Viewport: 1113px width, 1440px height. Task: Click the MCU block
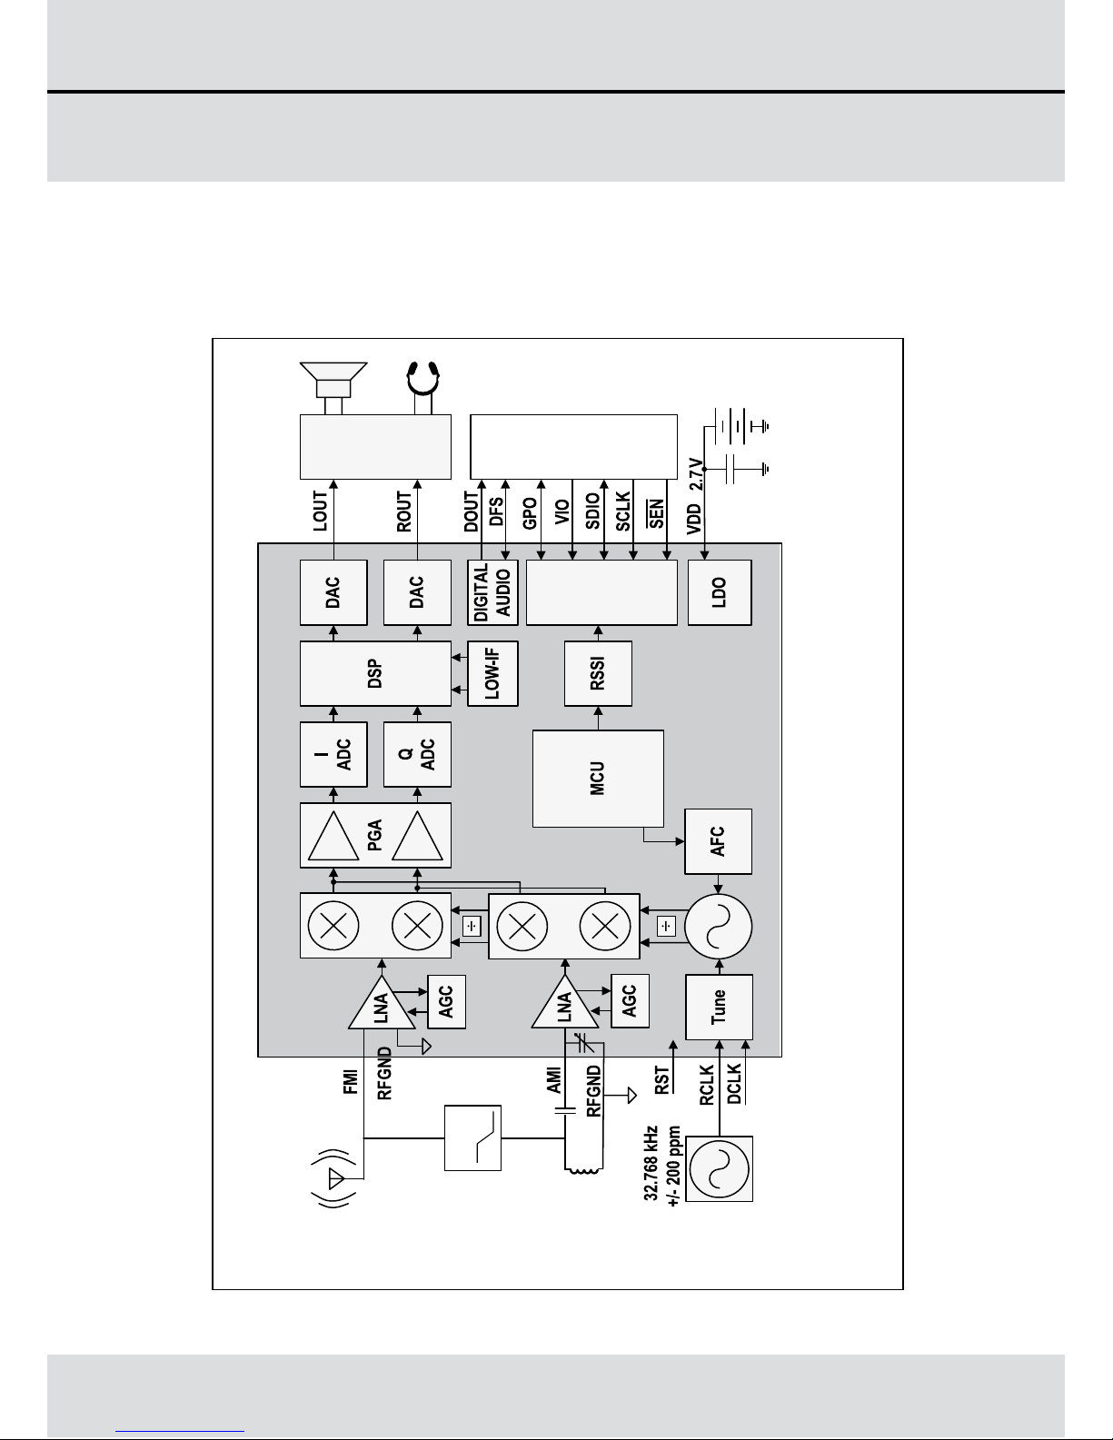click(x=598, y=779)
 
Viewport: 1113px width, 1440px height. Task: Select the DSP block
click(x=375, y=673)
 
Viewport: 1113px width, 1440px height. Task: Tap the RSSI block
click(x=598, y=673)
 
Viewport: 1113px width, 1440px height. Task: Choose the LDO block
click(x=720, y=592)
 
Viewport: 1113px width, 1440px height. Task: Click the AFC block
click(x=718, y=841)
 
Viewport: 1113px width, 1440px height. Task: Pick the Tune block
click(x=719, y=1007)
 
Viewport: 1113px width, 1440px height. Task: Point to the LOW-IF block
click(x=492, y=673)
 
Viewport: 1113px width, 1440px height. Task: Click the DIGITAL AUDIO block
click(x=492, y=592)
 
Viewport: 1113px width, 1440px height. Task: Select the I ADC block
click(x=333, y=754)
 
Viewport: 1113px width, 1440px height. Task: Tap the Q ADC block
click(x=417, y=754)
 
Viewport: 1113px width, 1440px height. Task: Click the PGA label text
click(x=375, y=835)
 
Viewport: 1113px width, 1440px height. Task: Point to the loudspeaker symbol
click(x=333, y=388)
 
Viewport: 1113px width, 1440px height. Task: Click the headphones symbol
click(x=423, y=387)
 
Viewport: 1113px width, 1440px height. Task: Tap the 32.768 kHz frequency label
click(x=651, y=1163)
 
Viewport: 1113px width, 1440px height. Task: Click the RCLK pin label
click(x=707, y=1085)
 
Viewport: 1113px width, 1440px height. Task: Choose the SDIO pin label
click(x=593, y=511)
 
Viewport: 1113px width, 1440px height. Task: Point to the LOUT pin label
click(x=320, y=511)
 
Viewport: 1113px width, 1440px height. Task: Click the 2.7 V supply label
click(x=696, y=474)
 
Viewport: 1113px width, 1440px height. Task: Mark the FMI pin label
click(x=351, y=1081)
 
